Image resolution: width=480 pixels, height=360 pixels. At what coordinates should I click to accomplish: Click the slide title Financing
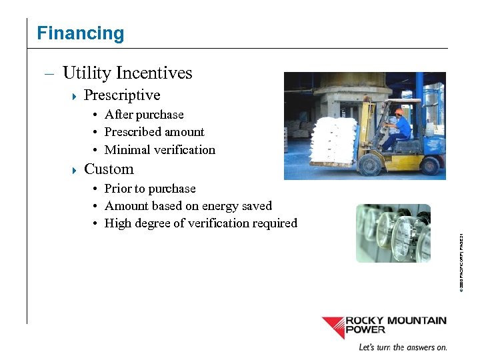(x=80, y=33)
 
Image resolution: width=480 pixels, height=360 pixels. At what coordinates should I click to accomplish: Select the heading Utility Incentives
(x=127, y=73)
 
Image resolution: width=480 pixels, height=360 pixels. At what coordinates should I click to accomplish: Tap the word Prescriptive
(x=122, y=95)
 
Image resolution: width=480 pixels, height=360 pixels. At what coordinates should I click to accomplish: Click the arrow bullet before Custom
(x=74, y=170)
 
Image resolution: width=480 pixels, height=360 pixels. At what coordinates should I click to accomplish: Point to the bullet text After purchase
(x=144, y=115)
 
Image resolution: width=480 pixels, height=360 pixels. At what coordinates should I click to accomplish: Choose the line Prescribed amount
(x=154, y=132)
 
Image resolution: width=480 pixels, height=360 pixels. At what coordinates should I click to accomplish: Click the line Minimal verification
(x=160, y=150)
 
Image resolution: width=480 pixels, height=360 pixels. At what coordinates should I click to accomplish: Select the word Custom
(x=109, y=169)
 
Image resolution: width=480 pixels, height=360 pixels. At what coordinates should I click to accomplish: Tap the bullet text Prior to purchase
(x=150, y=189)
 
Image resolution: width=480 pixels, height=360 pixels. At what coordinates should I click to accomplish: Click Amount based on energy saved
(x=188, y=206)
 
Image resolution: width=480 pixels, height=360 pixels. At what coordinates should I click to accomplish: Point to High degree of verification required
(x=201, y=223)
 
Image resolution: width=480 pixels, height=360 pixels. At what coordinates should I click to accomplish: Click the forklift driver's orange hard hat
(x=399, y=112)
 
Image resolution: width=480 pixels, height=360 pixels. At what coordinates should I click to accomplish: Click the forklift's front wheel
(x=369, y=164)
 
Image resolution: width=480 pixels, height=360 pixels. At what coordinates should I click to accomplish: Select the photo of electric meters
(x=393, y=233)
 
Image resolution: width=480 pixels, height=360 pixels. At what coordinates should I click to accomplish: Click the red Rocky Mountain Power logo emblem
(x=333, y=327)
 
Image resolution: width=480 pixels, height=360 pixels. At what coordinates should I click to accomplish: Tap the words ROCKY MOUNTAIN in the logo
(x=395, y=321)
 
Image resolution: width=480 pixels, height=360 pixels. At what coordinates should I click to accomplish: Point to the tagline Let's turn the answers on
(x=402, y=347)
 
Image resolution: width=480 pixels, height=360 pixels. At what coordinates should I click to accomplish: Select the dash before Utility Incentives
(x=49, y=73)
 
